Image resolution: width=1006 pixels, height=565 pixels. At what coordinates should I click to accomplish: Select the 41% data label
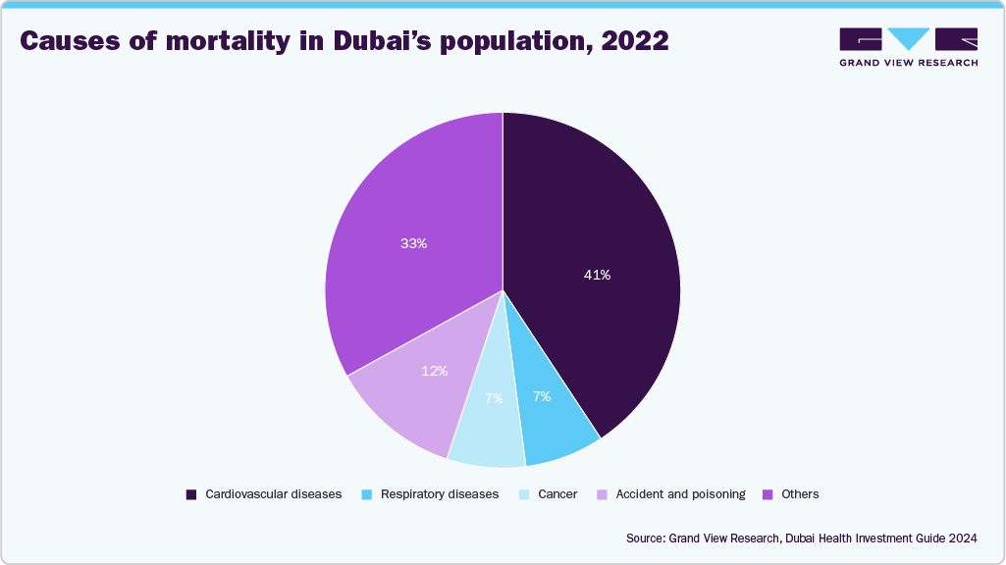pos(597,276)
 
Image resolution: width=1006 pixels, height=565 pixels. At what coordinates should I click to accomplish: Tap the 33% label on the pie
pos(413,244)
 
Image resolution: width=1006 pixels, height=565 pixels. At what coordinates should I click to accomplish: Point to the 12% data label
pos(435,372)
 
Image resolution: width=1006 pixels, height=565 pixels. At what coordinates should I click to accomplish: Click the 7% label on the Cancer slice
pos(493,398)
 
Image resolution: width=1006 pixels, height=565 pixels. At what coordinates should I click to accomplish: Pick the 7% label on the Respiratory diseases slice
pos(542,397)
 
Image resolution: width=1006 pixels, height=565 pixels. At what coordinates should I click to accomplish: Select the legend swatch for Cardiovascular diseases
pos(191,495)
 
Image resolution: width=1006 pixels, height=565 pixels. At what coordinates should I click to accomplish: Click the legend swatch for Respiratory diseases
pos(367,495)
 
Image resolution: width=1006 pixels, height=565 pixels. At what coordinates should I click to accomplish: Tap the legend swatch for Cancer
pos(525,495)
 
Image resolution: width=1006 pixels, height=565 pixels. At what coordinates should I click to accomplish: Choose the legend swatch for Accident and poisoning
pos(602,495)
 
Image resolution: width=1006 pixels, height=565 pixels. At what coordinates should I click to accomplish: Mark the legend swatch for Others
pos(768,495)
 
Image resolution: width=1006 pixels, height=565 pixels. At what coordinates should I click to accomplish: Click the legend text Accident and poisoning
pos(680,494)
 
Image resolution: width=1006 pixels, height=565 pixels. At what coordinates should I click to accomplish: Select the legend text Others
pos(800,494)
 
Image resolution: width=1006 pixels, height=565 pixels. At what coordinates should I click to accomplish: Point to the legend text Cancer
pos(557,494)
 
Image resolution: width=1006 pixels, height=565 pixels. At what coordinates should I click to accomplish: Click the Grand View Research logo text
pos(908,62)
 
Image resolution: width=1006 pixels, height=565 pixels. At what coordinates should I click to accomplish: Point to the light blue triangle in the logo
pos(908,38)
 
